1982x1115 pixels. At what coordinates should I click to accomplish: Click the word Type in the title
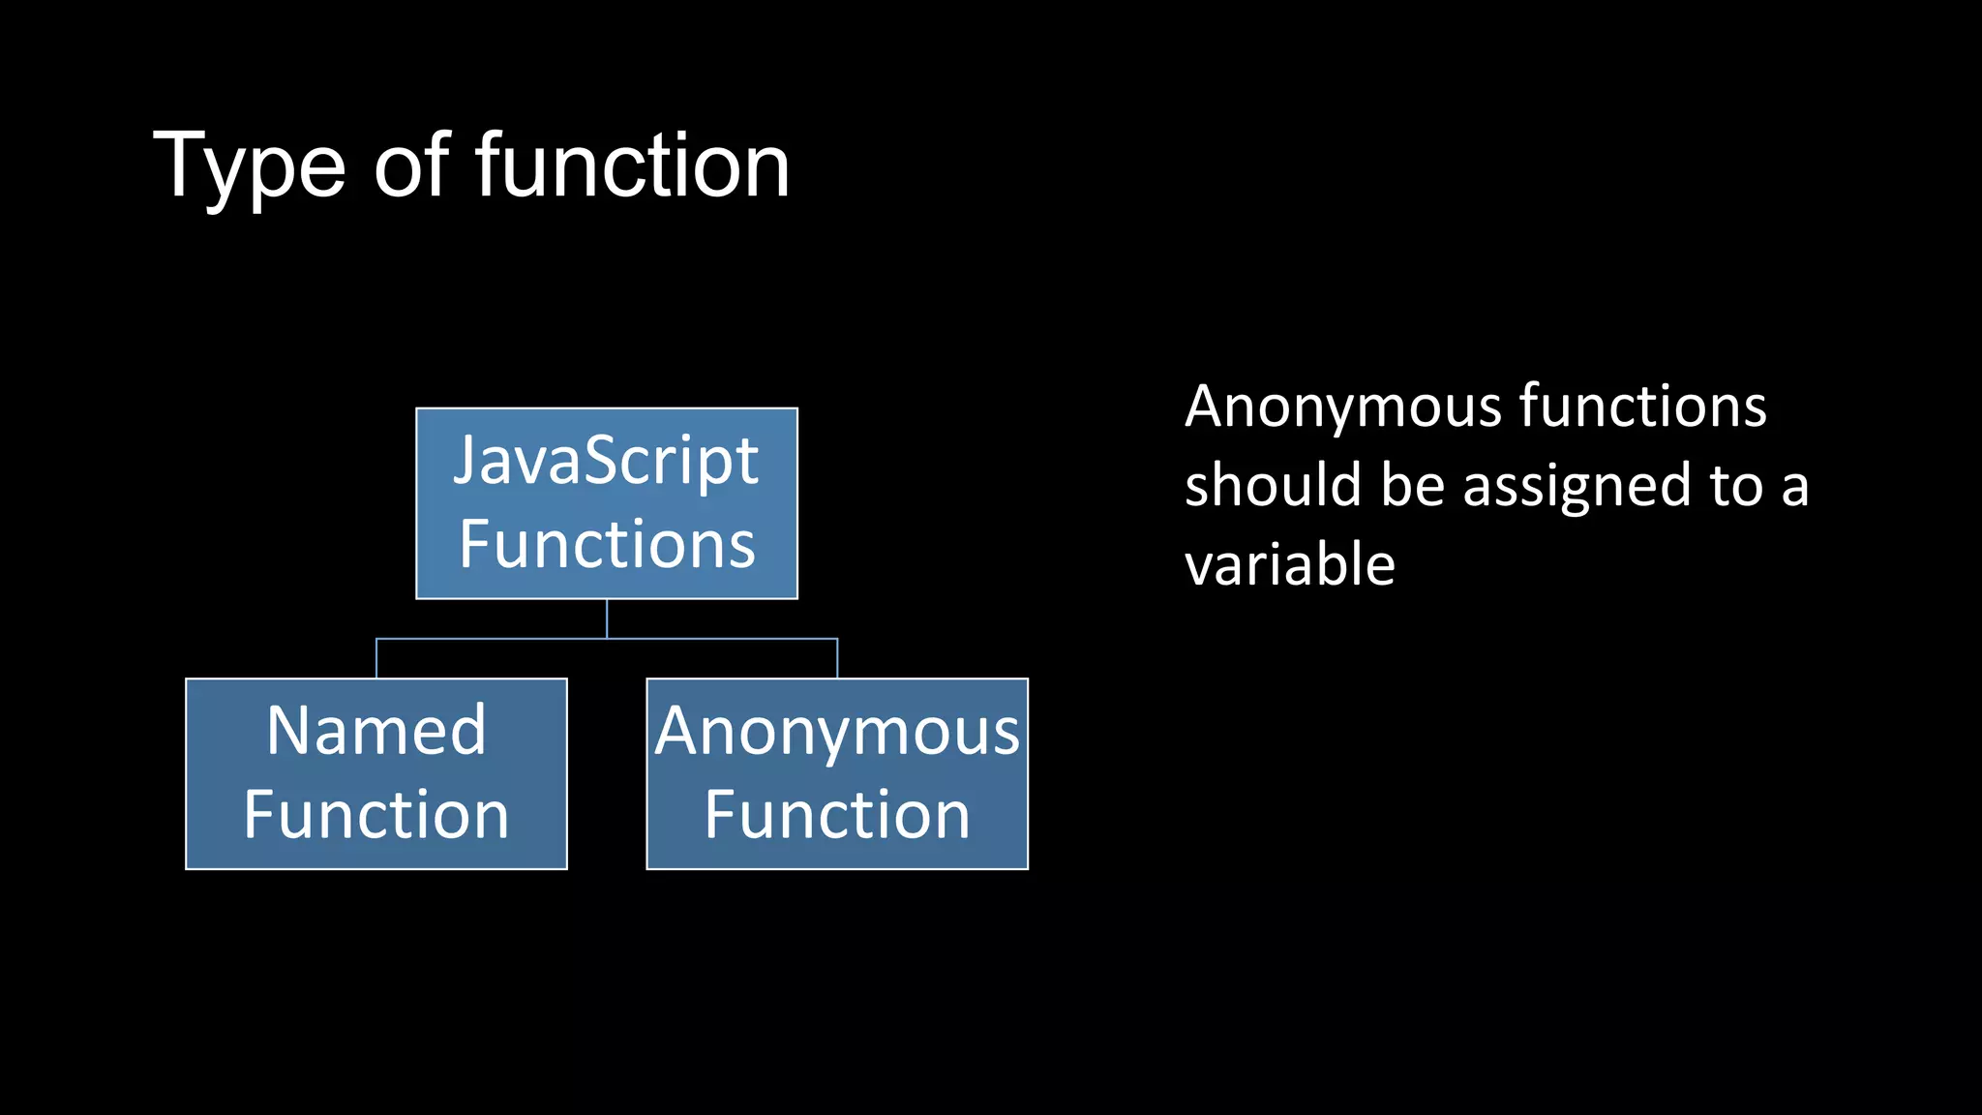249,166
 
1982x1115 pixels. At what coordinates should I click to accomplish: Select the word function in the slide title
633,166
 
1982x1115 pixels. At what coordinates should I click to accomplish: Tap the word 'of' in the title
411,166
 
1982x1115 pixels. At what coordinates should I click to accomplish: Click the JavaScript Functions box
607,503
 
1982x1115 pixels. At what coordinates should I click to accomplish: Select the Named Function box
376,773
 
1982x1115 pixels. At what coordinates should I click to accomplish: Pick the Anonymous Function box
837,773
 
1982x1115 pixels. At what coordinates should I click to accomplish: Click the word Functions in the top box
607,544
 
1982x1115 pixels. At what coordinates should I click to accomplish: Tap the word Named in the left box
376,731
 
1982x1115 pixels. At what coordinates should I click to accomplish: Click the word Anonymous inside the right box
837,733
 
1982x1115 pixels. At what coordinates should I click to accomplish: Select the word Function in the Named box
376,815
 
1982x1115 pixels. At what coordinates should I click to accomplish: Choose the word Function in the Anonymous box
837,815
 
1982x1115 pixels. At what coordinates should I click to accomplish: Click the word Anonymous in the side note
1342,407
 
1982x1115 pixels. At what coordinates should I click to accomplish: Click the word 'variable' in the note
1290,564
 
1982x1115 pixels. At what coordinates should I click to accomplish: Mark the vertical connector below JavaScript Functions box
607,618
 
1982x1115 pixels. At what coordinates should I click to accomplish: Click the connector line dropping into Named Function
376,659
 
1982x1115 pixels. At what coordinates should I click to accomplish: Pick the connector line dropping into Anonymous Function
837,659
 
